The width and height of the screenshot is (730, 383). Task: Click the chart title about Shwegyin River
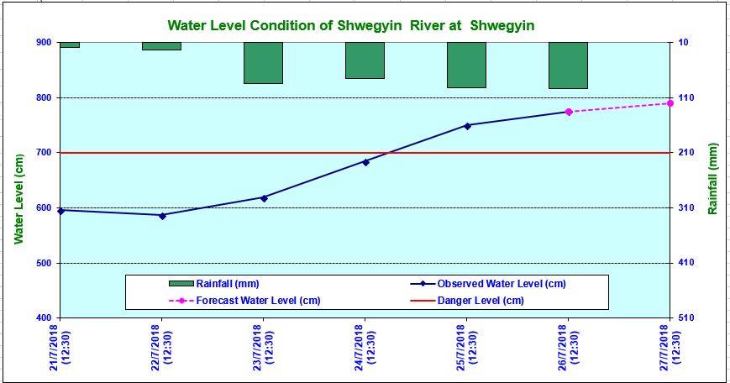point(350,26)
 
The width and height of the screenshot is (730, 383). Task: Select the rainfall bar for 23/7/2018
point(263,63)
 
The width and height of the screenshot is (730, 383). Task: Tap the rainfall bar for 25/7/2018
point(466,65)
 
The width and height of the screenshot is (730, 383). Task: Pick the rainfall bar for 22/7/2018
point(161,45)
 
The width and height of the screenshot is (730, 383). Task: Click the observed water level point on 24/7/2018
point(365,161)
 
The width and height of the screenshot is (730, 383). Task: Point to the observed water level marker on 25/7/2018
point(467,125)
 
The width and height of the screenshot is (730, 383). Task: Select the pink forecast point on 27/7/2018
point(670,103)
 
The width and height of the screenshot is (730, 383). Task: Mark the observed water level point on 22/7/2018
point(162,215)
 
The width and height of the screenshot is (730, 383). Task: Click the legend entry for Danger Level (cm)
point(478,300)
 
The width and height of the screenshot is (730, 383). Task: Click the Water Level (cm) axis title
point(18,199)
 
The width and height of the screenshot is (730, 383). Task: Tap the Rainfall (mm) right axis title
point(712,178)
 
